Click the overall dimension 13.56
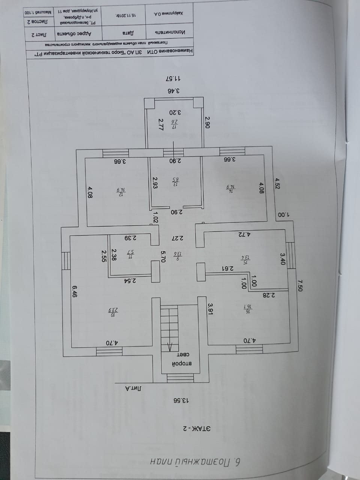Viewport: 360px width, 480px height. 180,400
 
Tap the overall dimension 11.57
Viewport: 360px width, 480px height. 173,79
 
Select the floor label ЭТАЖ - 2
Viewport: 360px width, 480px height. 196,428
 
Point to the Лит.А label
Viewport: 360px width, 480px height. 133,389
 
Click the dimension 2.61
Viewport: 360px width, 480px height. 226,268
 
